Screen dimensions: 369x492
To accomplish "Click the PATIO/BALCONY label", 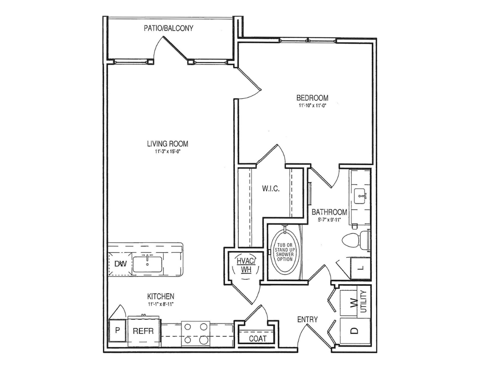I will point(168,29).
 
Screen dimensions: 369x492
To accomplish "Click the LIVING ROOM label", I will point(167,144).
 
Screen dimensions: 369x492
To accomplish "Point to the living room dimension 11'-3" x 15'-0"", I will point(167,152).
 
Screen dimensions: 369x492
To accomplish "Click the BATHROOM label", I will point(329,212).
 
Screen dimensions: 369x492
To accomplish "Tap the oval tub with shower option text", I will point(284,251).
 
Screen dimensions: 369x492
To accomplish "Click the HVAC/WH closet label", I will point(243,265).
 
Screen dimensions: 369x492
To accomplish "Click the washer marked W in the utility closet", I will point(352,302).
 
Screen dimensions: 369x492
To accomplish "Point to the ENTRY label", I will point(307,320).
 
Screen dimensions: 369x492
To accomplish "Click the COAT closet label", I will point(258,338).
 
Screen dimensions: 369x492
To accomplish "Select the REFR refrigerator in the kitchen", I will point(140,331).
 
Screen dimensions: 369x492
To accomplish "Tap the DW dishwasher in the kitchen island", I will point(121,264).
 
